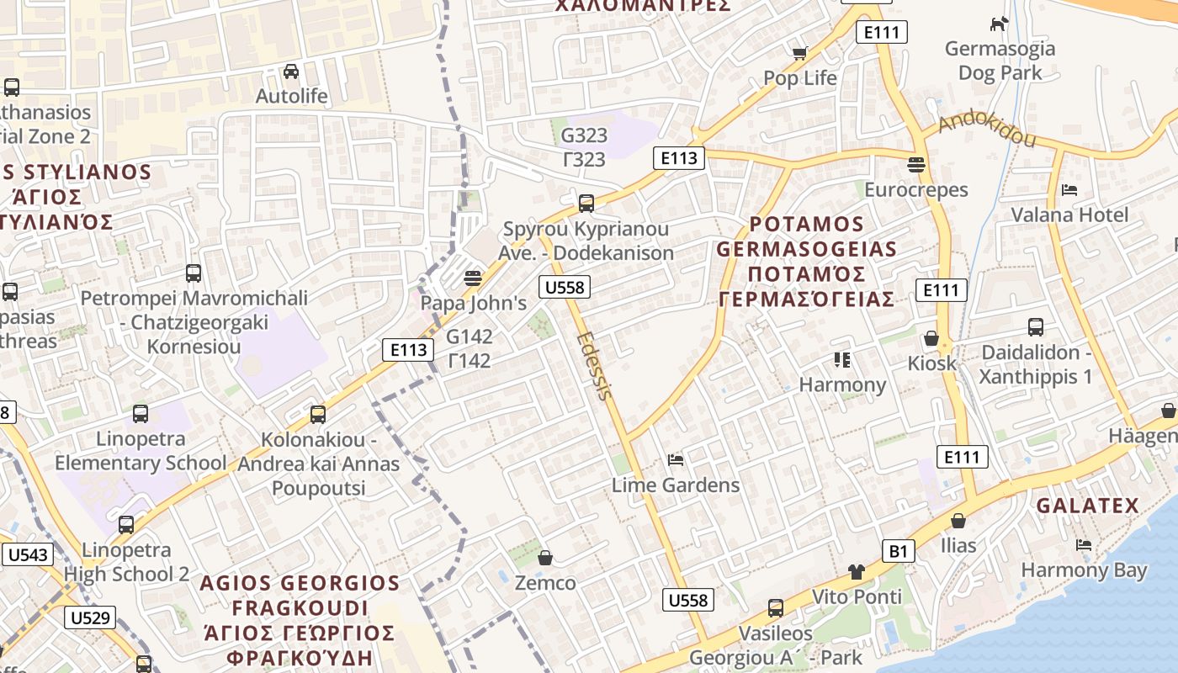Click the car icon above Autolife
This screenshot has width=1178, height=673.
coord(291,72)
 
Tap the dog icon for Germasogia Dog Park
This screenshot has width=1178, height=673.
coord(999,24)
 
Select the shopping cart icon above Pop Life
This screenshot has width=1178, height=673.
coord(799,53)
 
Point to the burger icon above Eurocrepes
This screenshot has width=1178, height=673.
coord(916,165)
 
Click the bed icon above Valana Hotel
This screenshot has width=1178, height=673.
coord(1069,190)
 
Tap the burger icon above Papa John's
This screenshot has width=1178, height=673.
coord(473,278)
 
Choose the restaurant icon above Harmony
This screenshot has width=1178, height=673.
coord(842,360)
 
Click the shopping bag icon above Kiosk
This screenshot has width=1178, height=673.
coord(931,338)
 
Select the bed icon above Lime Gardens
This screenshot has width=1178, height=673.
coord(675,460)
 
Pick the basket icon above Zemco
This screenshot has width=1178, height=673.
coord(545,558)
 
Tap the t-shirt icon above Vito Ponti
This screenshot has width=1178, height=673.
coord(857,572)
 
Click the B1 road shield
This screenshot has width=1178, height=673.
coord(899,551)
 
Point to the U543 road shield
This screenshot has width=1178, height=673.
coord(29,554)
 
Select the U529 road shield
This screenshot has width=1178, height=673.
coord(90,617)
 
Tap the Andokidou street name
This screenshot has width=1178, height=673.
coord(986,130)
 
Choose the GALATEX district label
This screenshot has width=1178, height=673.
coord(1087,506)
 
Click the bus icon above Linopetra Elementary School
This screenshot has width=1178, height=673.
coord(141,414)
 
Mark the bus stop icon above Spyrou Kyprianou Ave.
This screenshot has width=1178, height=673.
coord(586,203)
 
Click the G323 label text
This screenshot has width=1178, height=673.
coord(584,135)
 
